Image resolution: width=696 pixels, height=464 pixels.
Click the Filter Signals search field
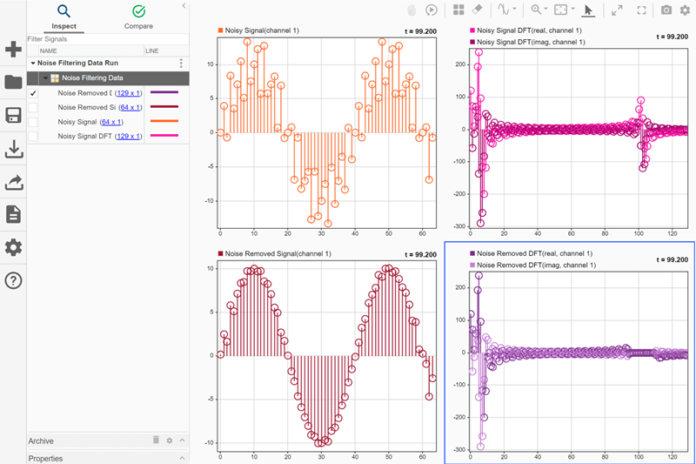[x=104, y=39]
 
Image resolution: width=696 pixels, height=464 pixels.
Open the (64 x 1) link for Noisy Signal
[x=111, y=122]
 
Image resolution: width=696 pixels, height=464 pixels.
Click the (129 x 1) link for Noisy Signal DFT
[x=128, y=136]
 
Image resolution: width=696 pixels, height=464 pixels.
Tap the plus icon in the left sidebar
[x=13, y=50]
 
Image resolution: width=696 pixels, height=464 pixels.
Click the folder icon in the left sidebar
[x=13, y=83]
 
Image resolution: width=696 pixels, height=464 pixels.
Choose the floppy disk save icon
[x=13, y=116]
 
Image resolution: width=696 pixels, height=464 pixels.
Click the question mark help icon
[x=13, y=280]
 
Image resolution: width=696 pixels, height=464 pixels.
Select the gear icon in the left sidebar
[x=13, y=247]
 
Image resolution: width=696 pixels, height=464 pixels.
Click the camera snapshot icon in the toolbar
[x=666, y=10]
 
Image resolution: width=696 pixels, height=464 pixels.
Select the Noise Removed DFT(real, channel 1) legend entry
[x=535, y=253]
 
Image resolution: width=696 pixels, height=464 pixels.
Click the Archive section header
[x=41, y=441]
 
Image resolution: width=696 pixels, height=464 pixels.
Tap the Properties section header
[x=45, y=458]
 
